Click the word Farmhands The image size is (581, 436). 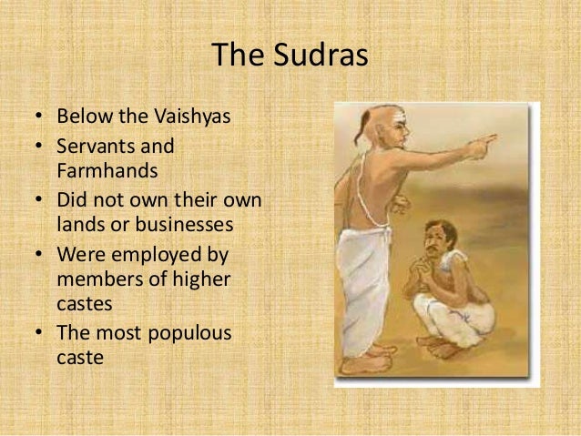pyautogui.click(x=103, y=171)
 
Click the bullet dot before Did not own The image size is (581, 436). pyautogui.click(x=41, y=199)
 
